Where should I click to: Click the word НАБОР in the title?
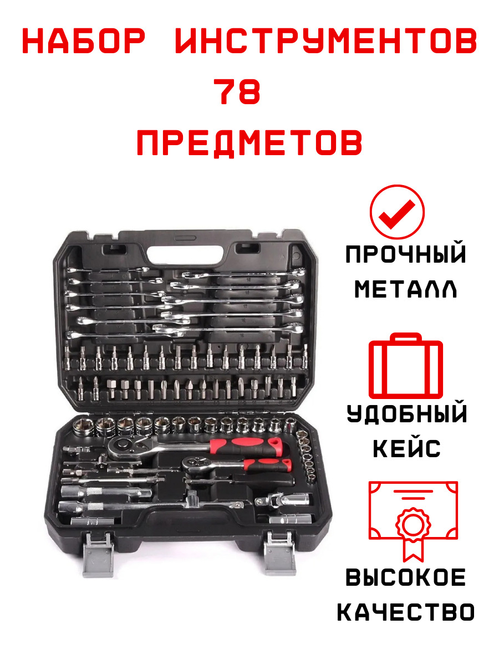[x=84, y=41]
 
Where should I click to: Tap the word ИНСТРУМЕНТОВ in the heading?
[x=326, y=41]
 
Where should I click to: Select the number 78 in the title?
[x=237, y=91]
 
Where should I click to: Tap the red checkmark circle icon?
[x=397, y=212]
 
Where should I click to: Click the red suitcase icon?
[x=406, y=366]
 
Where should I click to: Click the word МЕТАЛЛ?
[x=406, y=289]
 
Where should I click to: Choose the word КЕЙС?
[x=406, y=449]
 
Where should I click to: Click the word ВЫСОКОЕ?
[x=406, y=577]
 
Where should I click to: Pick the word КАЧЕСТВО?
[x=406, y=612]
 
